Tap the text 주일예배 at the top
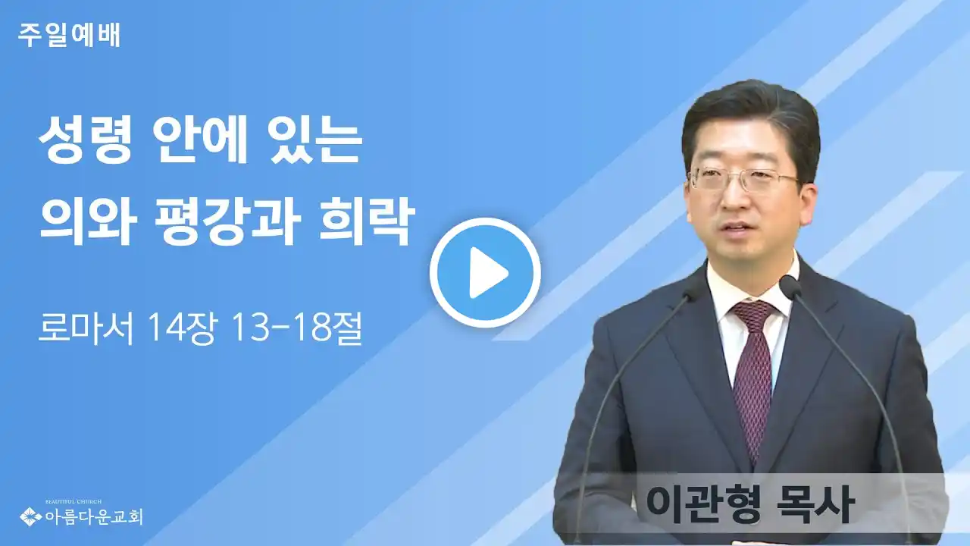click(69, 36)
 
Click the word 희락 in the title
click(366, 223)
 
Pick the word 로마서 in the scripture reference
click(85, 328)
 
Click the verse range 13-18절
click(297, 328)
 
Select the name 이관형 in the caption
click(702, 504)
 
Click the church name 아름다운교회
click(93, 516)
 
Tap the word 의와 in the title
click(89, 223)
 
